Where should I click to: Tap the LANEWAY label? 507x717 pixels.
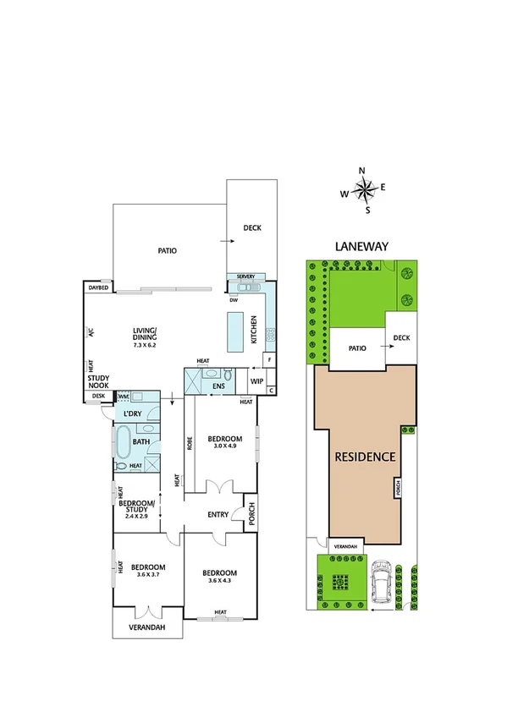[x=361, y=247]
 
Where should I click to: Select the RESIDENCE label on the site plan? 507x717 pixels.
[x=365, y=457]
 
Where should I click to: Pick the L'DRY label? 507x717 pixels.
[x=131, y=413]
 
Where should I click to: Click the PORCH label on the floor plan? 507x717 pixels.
[x=251, y=514]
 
